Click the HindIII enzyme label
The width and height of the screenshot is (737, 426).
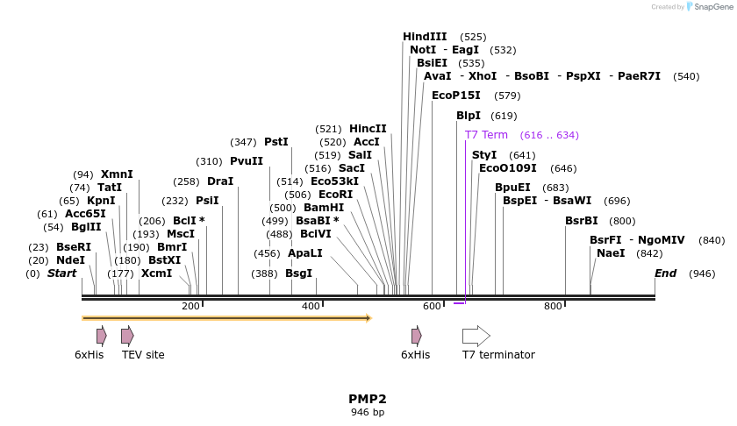(425, 37)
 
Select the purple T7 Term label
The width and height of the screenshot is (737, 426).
(486, 135)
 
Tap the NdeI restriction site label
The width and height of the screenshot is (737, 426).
(70, 260)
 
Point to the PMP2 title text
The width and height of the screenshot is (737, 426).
(367, 399)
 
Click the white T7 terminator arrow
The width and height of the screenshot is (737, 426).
(476, 335)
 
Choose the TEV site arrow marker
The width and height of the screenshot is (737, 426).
(127, 335)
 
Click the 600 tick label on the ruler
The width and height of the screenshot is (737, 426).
(432, 306)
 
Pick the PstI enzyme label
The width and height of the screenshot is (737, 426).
(275, 142)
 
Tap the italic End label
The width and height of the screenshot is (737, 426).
(665, 273)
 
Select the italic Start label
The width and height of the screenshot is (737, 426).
(61, 273)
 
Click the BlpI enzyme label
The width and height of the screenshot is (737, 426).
(469, 116)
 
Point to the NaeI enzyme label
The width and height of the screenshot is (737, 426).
(611, 253)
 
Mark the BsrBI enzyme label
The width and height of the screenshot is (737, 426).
(582, 221)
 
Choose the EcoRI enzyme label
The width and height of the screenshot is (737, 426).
(335, 195)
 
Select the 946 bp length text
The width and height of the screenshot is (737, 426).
(367, 412)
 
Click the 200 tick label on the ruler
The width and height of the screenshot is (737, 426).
(190, 306)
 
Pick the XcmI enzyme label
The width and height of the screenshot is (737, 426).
(157, 273)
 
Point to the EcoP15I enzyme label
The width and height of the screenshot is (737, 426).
(456, 96)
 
